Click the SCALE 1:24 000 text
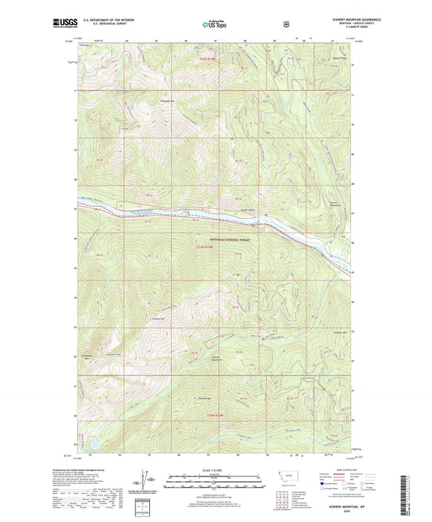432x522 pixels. tap(216, 469)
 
